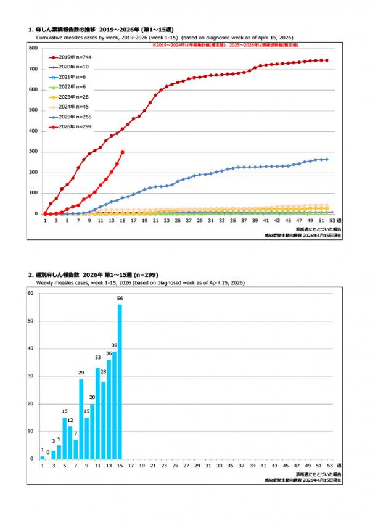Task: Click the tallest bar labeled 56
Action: [x=120, y=382]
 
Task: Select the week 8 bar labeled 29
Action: [x=81, y=419]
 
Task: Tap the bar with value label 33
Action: [x=97, y=413]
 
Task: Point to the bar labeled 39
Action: [x=114, y=405]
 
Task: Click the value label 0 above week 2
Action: [x=48, y=452]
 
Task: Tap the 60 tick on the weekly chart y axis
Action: [x=30, y=293]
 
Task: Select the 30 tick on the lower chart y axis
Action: [x=30, y=376]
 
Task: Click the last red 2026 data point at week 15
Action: [x=123, y=152]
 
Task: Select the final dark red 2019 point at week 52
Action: [x=326, y=60]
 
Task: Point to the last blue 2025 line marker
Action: [x=326, y=159]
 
